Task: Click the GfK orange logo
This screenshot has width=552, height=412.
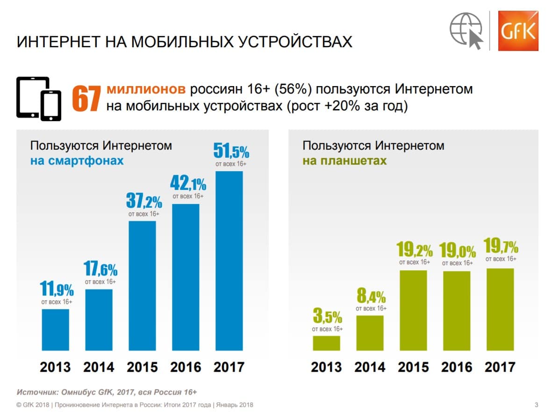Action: pyautogui.click(x=517, y=30)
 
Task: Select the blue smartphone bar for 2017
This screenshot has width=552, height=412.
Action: pyautogui.click(x=229, y=260)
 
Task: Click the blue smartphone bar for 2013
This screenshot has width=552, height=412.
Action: pyautogui.click(x=56, y=329)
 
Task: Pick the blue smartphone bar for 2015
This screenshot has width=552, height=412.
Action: pyautogui.click(x=142, y=285)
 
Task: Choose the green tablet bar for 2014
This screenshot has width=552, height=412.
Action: pyautogui.click(x=370, y=332)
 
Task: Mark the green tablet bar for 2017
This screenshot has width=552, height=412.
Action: pyautogui.click(x=501, y=309)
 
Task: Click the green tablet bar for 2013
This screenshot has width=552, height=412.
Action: pyautogui.click(x=327, y=343)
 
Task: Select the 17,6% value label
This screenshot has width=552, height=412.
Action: pyautogui.click(x=100, y=269)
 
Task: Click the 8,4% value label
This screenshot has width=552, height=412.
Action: pyautogui.click(x=371, y=296)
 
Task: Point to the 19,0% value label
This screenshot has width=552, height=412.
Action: pyautogui.click(x=458, y=251)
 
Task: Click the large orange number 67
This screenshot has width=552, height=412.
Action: pyautogui.click(x=86, y=99)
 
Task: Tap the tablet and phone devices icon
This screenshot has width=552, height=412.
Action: pyautogui.click(x=39, y=97)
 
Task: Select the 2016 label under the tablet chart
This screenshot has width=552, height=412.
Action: pyautogui.click(x=458, y=367)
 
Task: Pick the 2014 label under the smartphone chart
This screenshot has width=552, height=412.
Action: pyautogui.click(x=99, y=367)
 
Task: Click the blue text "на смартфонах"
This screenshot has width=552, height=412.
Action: pyautogui.click(x=77, y=161)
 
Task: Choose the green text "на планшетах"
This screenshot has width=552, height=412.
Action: pyautogui.click(x=345, y=161)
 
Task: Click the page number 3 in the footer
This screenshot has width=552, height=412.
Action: pyautogui.click(x=536, y=405)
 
